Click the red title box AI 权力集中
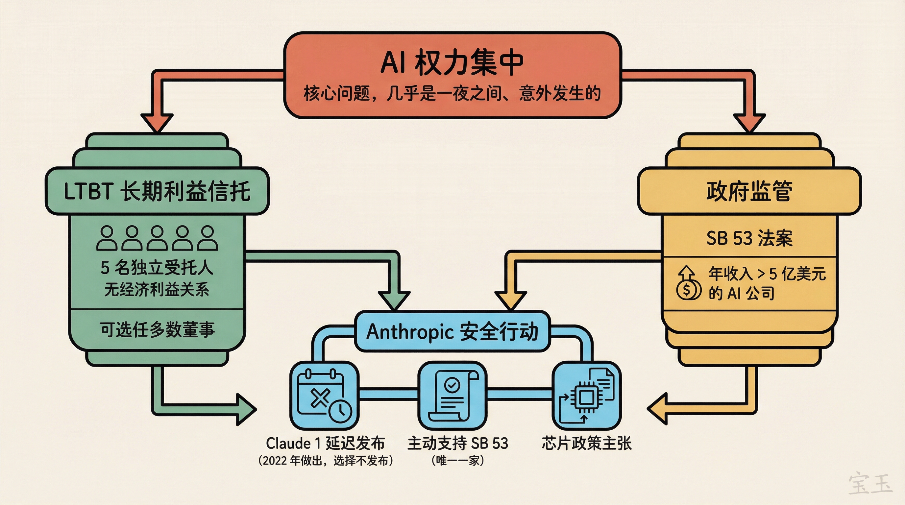coord(452,63)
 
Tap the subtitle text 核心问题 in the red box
coord(452,93)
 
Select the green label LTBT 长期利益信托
coord(157,191)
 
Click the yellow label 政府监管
coord(749,191)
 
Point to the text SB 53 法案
coord(749,238)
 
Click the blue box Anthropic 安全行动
coord(452,331)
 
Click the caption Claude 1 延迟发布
coord(325,443)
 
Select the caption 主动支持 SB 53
coord(457,443)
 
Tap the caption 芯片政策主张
coord(586,443)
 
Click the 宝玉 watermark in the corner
coord(870,484)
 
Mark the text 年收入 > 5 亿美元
coord(767,274)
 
